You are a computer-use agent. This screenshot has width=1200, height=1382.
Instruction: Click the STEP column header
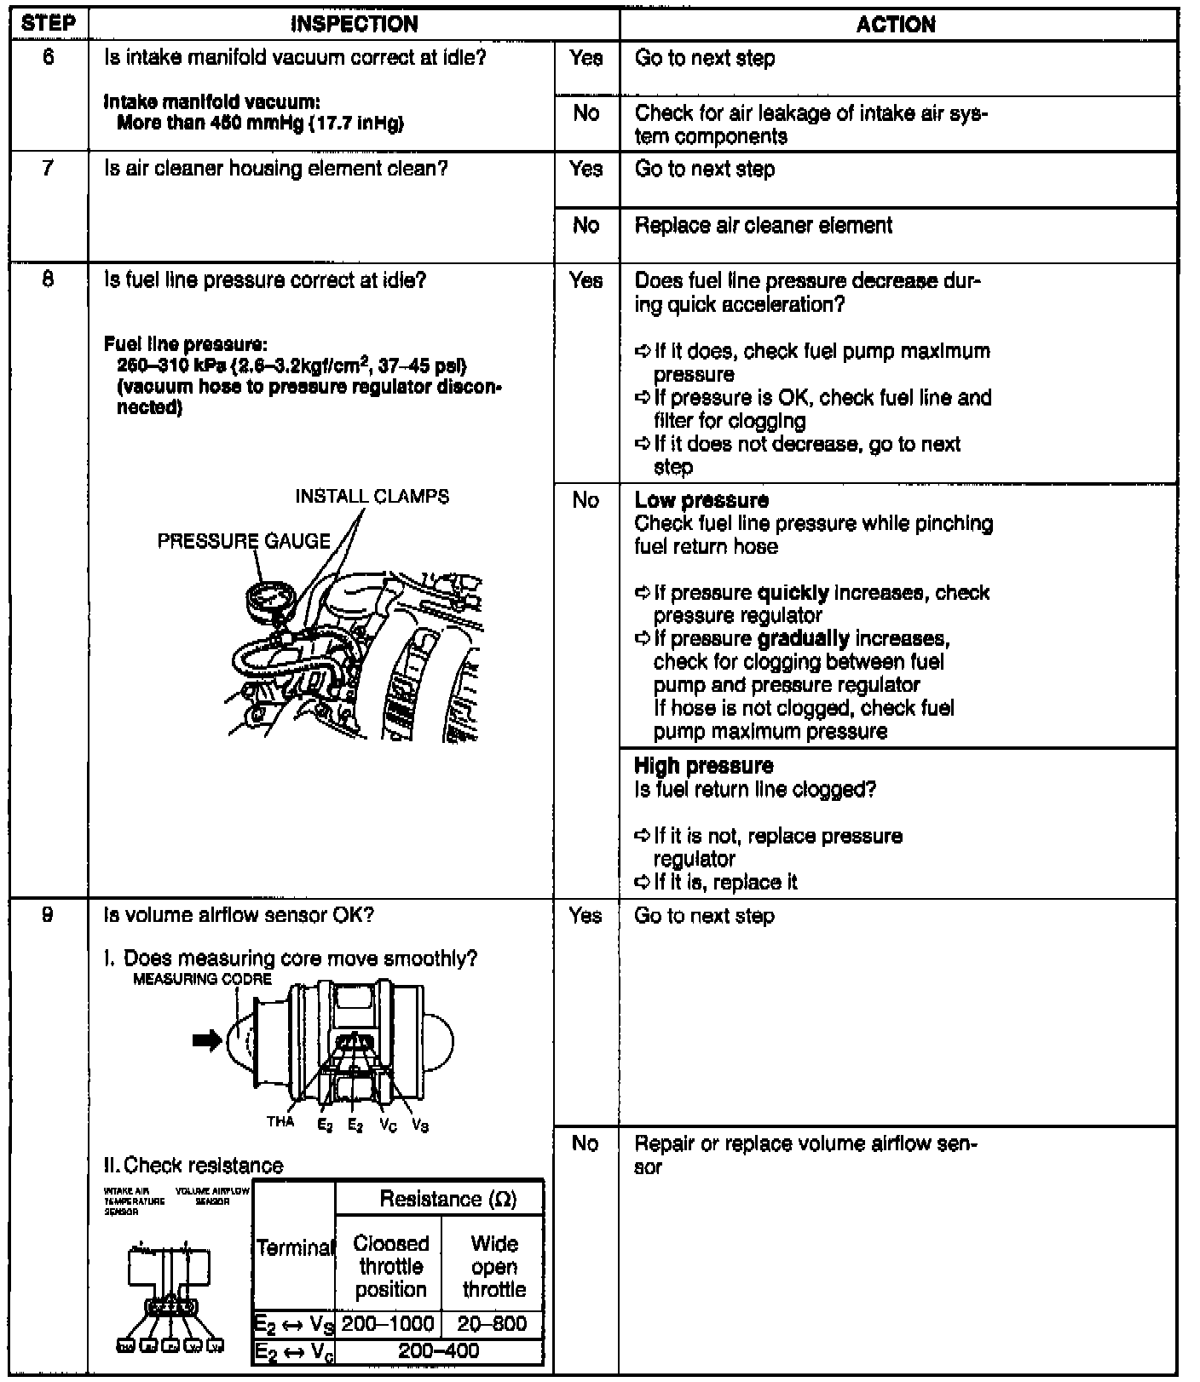coord(48,23)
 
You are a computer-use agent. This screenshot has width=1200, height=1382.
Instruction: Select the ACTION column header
coord(896,25)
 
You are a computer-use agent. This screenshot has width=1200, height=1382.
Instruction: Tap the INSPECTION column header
coord(354,24)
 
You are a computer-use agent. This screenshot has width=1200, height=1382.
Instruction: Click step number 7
coord(48,169)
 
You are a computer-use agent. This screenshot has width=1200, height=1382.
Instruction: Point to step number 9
coord(48,915)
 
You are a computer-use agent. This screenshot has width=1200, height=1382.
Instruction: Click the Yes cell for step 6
coord(586,58)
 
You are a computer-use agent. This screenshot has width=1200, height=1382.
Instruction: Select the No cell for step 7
coord(586,225)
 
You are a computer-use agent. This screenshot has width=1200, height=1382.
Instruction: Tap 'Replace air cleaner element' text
coord(764,226)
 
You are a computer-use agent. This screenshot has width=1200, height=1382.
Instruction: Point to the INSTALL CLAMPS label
coord(372,496)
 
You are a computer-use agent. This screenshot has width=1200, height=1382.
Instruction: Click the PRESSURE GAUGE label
coord(244,541)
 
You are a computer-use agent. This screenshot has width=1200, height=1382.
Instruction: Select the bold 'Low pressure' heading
coord(701,500)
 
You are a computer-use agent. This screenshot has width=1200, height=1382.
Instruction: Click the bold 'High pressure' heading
coord(704,765)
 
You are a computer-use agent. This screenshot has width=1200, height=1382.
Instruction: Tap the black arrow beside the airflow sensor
coord(207,1040)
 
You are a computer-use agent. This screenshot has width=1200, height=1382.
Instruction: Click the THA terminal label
coord(280,1122)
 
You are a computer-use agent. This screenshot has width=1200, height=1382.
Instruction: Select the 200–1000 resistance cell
coord(389,1324)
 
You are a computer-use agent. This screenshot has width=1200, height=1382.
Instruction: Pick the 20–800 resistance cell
coord(493,1324)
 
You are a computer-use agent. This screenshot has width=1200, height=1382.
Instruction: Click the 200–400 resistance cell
coord(439,1351)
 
